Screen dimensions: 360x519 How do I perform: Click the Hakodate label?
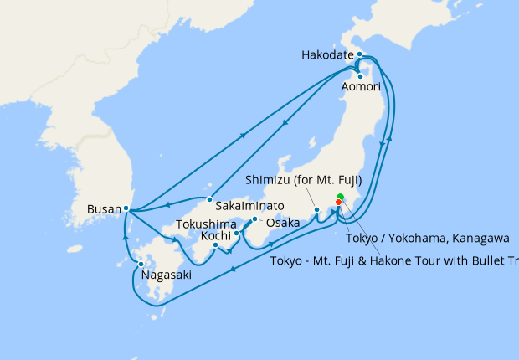click(x=328, y=55)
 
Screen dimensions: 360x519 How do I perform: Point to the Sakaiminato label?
click(x=249, y=205)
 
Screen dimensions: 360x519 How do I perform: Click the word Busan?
click(x=103, y=208)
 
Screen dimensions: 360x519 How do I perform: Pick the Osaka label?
click(x=282, y=224)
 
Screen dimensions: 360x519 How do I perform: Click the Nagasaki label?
click(x=166, y=275)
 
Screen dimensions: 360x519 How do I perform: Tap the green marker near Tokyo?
click(x=340, y=198)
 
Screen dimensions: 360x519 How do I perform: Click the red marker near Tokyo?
click(x=338, y=202)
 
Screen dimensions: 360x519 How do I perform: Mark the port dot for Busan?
click(x=126, y=208)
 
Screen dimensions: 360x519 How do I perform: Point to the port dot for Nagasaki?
click(x=141, y=265)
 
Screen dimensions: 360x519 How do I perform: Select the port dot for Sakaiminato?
click(x=209, y=199)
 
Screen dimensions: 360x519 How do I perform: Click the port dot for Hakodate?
click(x=359, y=54)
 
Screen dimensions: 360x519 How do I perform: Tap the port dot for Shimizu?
click(x=316, y=209)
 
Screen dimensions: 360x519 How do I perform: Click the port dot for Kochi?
click(x=215, y=244)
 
